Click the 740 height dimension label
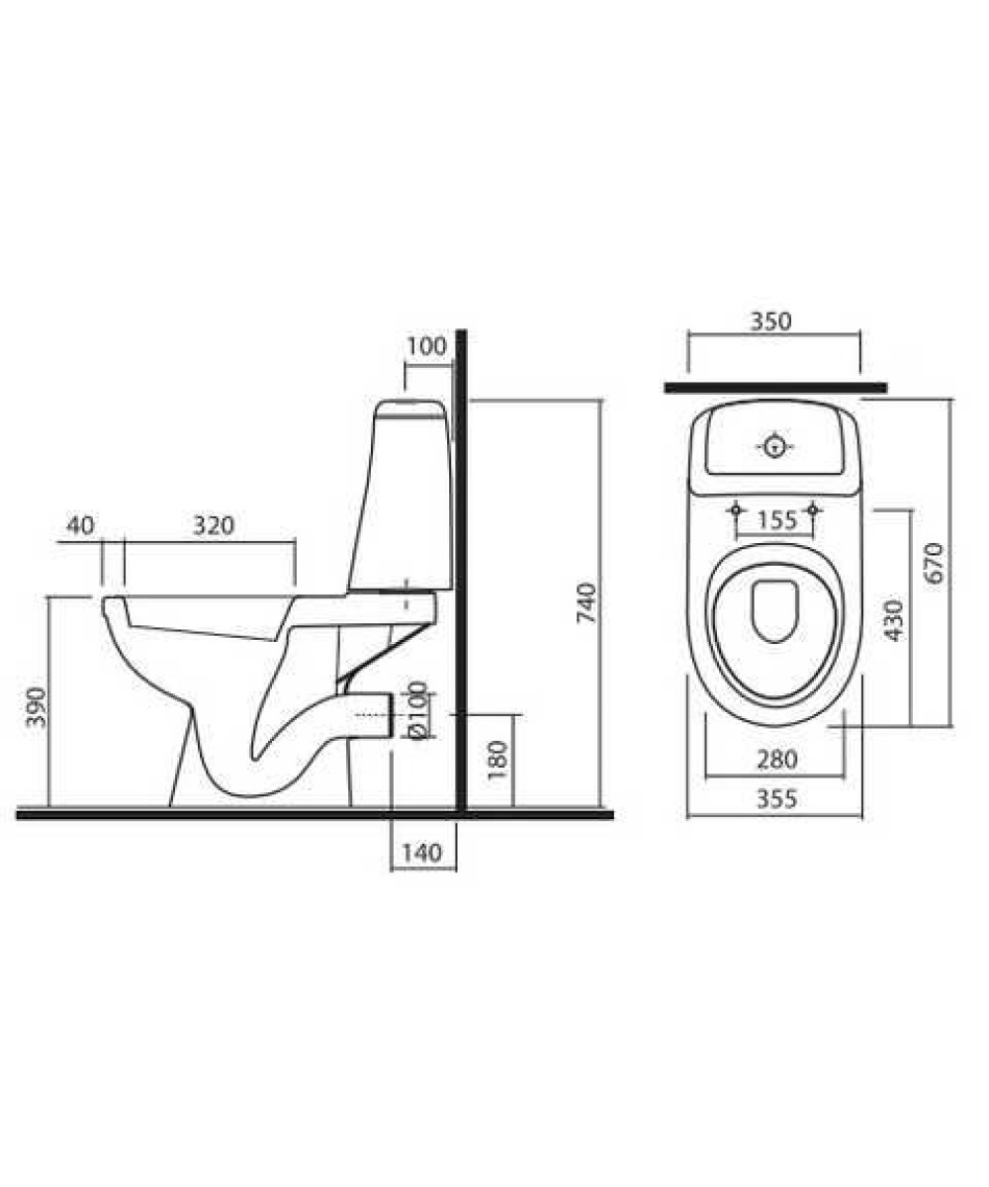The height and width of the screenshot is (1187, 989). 586,602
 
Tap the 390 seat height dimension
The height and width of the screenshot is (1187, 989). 37,707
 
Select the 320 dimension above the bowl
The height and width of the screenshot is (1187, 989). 214,525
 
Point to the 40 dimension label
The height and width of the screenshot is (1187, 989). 80,525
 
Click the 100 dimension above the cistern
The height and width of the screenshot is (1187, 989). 427,346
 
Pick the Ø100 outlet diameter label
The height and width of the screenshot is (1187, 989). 417,710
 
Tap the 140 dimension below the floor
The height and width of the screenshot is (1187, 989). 421,852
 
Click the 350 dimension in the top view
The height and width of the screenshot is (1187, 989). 770,321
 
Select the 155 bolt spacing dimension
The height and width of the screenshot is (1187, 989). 777,520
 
